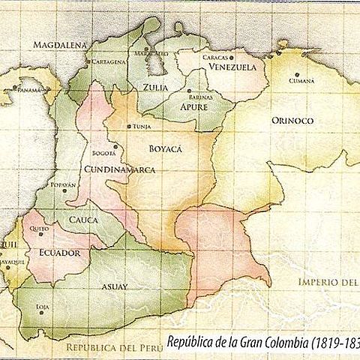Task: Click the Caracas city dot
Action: click(x=233, y=57)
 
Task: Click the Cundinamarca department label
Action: click(x=120, y=170)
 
